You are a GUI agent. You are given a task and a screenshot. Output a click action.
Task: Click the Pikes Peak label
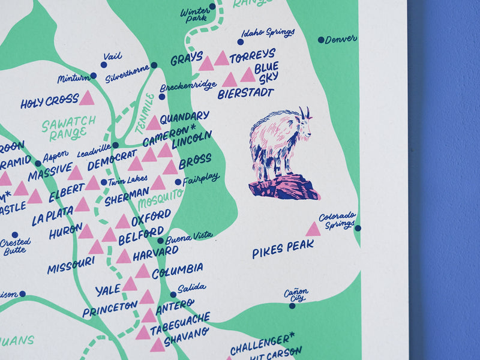pyautogui.click(x=283, y=248)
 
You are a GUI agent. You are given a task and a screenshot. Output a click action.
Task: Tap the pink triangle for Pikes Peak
pyautogui.click(x=313, y=229)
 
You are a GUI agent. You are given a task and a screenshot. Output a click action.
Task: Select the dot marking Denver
pyautogui.click(x=321, y=40)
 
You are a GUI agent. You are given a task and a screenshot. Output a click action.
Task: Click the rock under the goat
pyautogui.click(x=283, y=187)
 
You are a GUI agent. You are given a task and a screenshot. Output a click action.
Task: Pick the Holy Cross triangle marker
pyautogui.click(x=87, y=98)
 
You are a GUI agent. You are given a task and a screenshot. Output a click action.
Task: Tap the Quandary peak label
pyautogui.click(x=184, y=116)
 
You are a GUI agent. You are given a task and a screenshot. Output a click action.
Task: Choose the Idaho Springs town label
pyautogui.click(x=268, y=32)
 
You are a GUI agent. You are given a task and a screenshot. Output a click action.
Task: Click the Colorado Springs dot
pyautogui.click(x=358, y=228)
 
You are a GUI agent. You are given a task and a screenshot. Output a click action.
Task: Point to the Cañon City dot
pyautogui.click(x=292, y=305)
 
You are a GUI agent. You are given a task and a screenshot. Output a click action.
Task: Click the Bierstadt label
pyautogui.click(x=245, y=94)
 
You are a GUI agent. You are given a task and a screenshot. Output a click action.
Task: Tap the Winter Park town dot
pyautogui.click(x=212, y=7)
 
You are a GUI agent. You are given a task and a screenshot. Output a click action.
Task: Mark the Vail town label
pyautogui.click(x=112, y=56)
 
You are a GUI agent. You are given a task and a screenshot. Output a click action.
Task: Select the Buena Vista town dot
pyautogui.click(x=160, y=241)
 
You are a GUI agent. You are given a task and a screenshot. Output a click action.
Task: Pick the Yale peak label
pyautogui.click(x=108, y=290)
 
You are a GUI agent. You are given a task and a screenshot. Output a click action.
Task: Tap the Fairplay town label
pyautogui.click(x=201, y=178)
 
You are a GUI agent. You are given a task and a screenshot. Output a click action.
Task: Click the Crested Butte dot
pyautogui.click(x=14, y=235)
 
